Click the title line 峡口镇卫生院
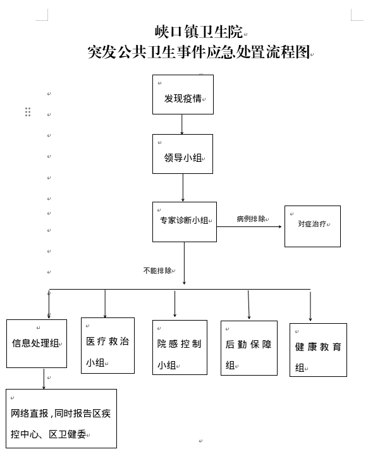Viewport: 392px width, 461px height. click(199, 32)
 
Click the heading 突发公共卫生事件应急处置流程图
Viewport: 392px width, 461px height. click(199, 52)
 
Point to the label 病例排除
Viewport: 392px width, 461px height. click(251, 219)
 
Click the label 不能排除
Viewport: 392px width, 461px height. click(157, 271)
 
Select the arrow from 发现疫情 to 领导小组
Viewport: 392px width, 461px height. click(182, 125)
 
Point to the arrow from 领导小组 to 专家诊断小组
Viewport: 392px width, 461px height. click(183, 188)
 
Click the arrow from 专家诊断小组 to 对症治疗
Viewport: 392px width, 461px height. click(249, 226)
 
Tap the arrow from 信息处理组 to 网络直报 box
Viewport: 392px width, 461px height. click(44, 378)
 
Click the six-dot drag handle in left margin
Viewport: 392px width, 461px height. click(28, 112)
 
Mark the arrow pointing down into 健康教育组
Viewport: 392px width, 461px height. click(310, 306)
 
